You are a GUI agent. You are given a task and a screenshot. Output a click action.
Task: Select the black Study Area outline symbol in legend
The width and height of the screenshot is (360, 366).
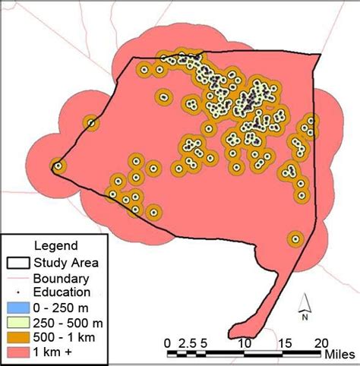coord(17,263)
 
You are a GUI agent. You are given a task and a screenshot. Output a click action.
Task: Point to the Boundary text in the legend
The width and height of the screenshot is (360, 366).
coord(62,278)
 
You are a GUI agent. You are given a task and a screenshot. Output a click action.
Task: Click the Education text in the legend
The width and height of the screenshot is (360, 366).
coord(62,292)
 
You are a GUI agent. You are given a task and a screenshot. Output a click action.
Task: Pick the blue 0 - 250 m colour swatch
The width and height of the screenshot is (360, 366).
coord(17,308)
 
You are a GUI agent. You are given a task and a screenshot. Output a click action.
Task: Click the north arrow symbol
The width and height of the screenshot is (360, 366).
coord(305,304)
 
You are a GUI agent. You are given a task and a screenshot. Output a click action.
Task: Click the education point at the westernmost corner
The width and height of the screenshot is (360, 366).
coord(57,165)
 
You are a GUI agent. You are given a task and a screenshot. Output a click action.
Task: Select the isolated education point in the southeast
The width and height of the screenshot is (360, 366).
coord(294,239)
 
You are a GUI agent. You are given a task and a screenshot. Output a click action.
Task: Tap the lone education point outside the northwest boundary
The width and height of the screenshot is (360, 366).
coord(91,123)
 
